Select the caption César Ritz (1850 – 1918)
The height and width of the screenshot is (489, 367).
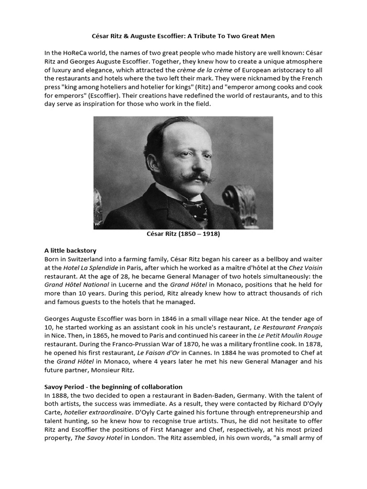pos(183,234)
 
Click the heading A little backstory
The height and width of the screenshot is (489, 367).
pos(70,251)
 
